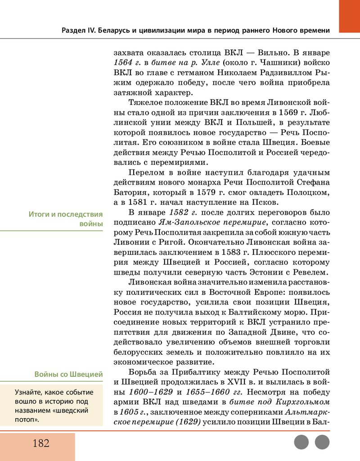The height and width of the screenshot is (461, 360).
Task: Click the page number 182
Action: click(x=40, y=443)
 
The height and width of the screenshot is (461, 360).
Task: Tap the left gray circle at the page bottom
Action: click(x=301, y=442)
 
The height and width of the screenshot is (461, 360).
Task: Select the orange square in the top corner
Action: click(x=349, y=16)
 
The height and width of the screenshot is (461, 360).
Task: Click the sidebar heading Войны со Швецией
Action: click(x=68, y=374)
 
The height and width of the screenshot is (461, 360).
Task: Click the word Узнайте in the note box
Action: click(x=29, y=392)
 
